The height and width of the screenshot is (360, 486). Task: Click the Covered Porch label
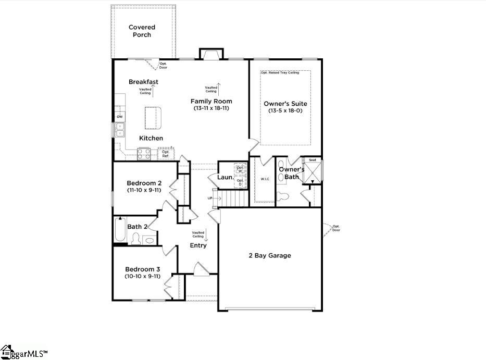pos(142,31)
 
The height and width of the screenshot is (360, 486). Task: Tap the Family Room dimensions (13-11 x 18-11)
pos(211,108)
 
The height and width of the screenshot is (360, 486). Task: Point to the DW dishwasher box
pos(120,117)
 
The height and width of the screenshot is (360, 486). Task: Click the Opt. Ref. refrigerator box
pos(166,154)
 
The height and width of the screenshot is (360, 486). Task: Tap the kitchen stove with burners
pos(144,154)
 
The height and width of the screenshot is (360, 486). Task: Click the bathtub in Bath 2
pos(120,230)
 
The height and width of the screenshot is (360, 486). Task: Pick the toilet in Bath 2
pos(136,239)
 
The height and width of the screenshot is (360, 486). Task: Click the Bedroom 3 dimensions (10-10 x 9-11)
pos(142,276)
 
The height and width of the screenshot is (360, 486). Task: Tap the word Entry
pos(198,245)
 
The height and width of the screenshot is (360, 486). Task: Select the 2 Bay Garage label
pos(269,255)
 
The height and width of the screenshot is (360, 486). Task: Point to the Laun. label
pos(225,177)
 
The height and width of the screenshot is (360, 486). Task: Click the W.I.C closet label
pos(265,179)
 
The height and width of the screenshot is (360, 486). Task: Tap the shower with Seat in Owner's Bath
pos(313,171)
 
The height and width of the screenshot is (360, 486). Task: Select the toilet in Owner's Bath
pos(283,196)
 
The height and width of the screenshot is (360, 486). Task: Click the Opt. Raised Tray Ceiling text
pos(280,73)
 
